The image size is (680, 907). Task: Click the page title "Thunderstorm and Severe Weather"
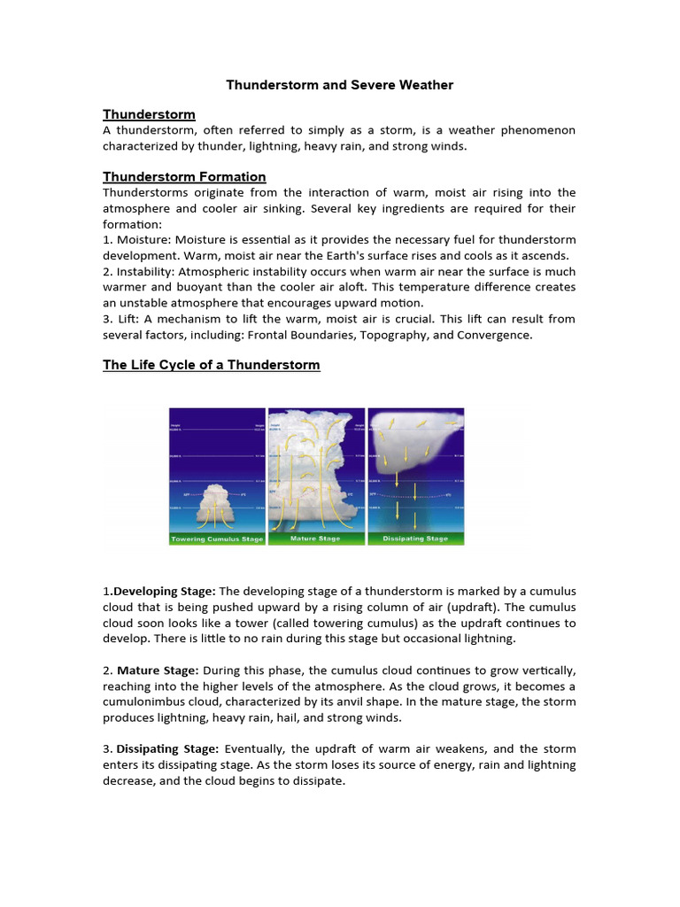click(x=339, y=85)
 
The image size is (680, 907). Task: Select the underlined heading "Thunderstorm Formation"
click(x=184, y=176)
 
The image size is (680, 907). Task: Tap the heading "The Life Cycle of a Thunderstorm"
click(x=212, y=365)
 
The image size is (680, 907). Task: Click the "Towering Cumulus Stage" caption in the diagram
click(x=217, y=539)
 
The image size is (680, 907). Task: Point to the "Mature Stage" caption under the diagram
click(x=316, y=539)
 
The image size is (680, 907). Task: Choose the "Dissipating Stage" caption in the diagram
click(x=415, y=539)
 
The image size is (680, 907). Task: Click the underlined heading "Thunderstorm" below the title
click(x=149, y=114)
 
